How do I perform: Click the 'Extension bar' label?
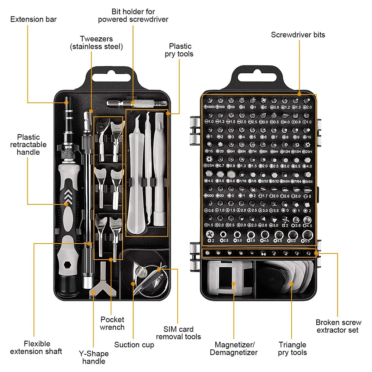click(33, 19)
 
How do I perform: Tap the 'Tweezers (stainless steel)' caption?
click(96, 42)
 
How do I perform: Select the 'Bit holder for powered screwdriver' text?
click(133, 15)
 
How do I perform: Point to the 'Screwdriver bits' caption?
click(298, 35)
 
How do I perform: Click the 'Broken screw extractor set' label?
click(338, 326)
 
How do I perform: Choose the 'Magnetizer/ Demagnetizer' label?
click(233, 349)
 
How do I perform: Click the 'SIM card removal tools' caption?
click(178, 333)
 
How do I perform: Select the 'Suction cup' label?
click(134, 344)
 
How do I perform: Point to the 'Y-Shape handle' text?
click(93, 357)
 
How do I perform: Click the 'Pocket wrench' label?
click(112, 323)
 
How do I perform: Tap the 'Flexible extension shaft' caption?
click(36, 347)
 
